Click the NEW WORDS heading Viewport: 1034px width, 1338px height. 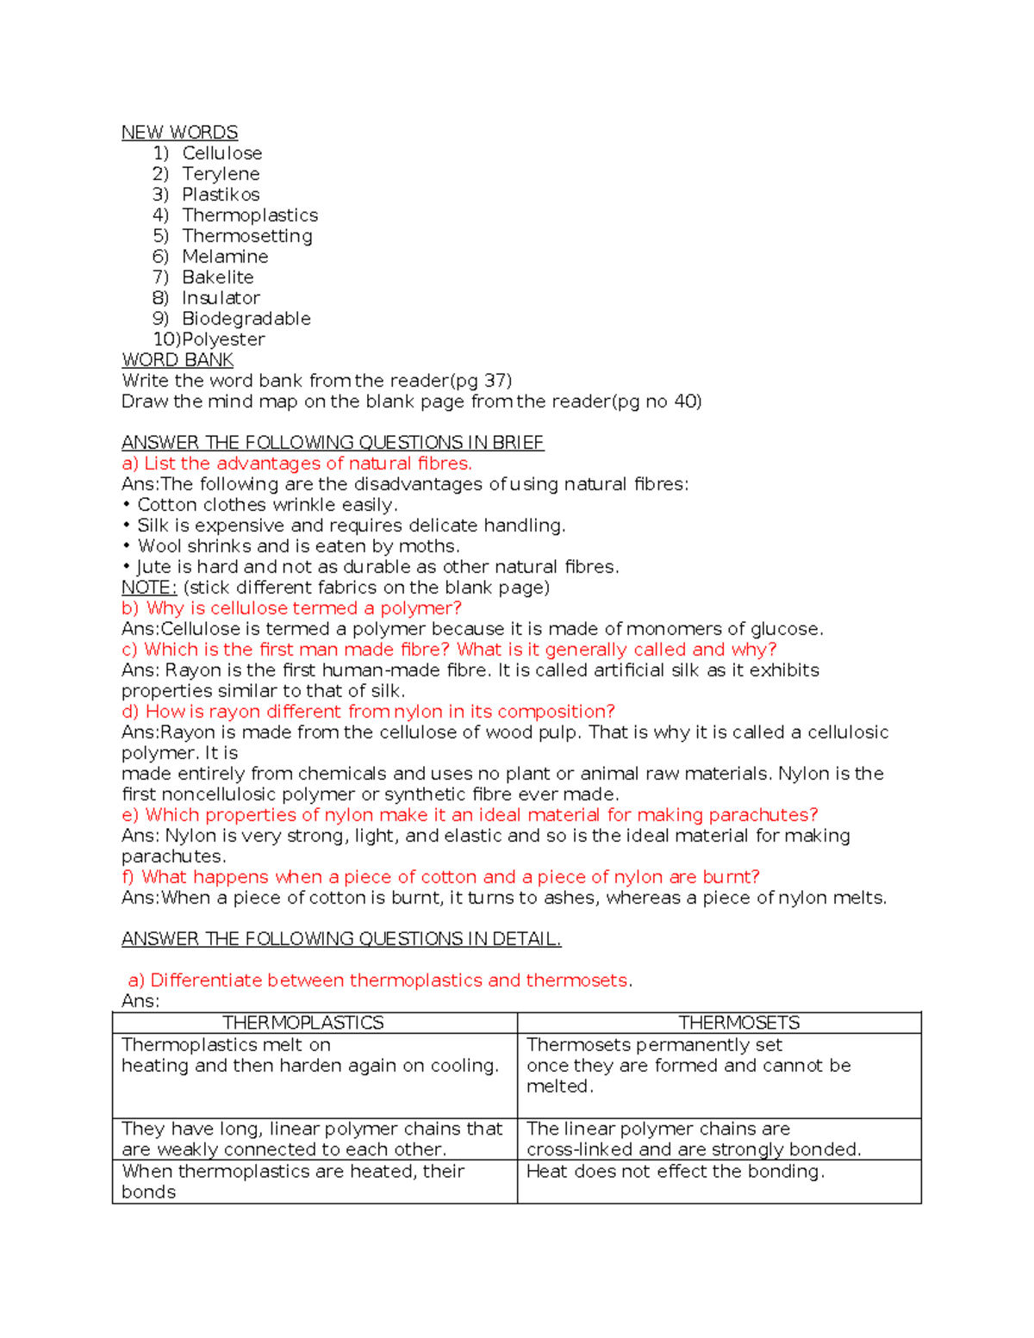click(x=179, y=133)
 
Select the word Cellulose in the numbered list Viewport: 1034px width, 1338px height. click(x=221, y=153)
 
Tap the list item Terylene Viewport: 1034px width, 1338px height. click(x=221, y=174)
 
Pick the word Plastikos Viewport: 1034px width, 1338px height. click(x=221, y=195)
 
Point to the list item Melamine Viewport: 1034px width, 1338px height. click(x=225, y=257)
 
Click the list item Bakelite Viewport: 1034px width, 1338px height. click(x=218, y=277)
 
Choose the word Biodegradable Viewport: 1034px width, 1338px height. click(x=246, y=319)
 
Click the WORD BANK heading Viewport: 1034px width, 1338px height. click(x=178, y=360)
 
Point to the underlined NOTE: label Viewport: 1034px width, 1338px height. click(x=149, y=588)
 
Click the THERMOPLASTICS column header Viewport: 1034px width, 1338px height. click(x=302, y=1023)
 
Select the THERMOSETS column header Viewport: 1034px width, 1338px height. click(x=738, y=1023)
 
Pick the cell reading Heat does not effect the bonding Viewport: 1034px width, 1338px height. click(x=676, y=1172)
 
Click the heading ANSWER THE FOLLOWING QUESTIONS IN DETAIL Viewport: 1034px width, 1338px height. click(x=341, y=939)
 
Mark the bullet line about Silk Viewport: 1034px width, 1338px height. click(x=351, y=526)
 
